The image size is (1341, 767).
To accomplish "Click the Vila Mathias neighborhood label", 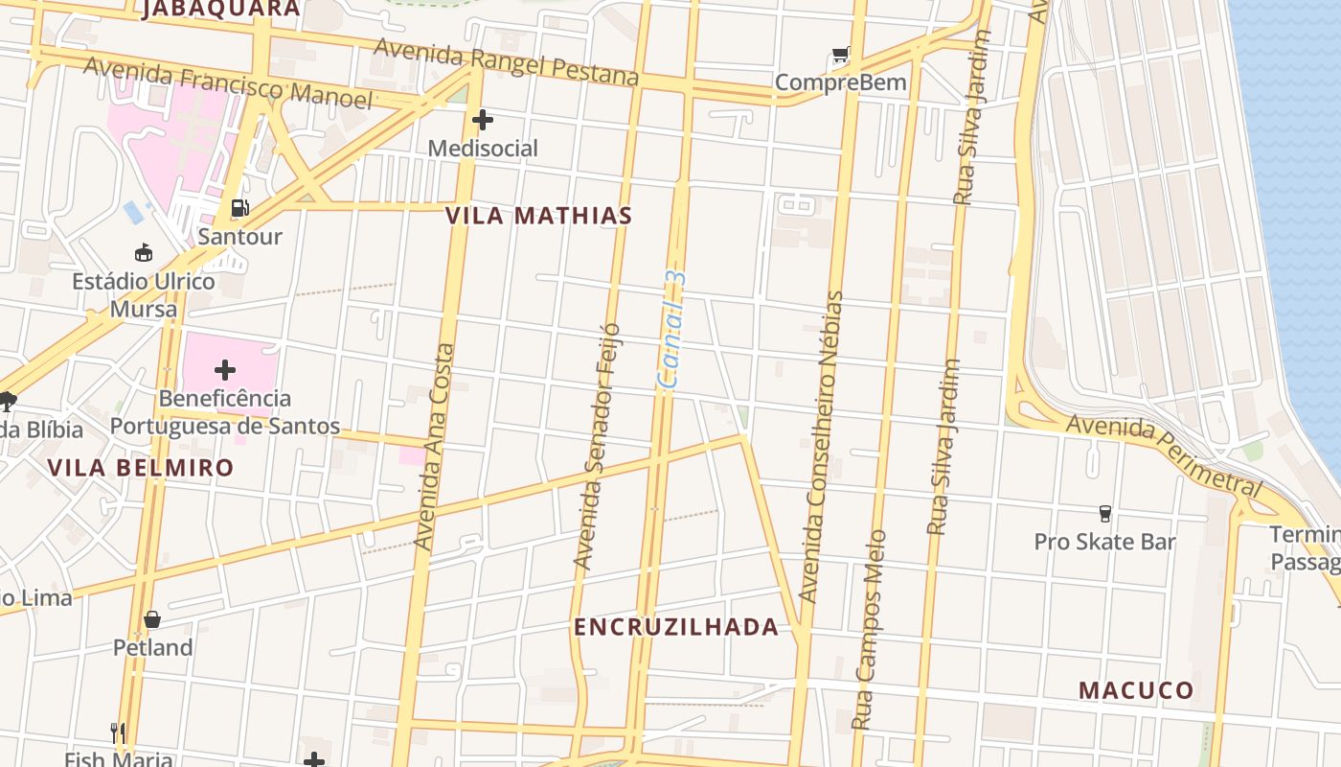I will [539, 216].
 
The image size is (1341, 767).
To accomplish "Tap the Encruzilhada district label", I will [676, 628].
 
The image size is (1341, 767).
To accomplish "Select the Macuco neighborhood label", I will [1136, 690].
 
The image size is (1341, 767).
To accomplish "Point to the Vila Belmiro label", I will [141, 468].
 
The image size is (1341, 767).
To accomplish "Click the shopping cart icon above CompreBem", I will [841, 56].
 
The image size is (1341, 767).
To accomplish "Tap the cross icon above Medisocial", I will [483, 120].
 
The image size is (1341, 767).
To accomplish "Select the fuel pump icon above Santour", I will [239, 207].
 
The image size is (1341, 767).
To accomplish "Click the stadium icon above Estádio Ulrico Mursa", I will [144, 252].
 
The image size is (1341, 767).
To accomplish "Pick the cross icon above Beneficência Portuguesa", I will [225, 369].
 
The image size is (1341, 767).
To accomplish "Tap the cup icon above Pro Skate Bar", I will [1104, 514].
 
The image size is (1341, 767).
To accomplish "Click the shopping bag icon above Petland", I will [152, 619].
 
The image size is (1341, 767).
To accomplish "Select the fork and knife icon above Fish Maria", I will [118, 733].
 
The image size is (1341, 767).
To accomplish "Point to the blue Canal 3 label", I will [674, 330].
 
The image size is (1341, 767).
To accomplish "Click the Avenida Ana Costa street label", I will [434, 446].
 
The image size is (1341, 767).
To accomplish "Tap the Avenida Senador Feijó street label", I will [597, 446].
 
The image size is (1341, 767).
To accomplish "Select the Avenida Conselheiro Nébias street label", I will [821, 446].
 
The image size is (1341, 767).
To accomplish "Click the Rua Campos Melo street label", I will [870, 629].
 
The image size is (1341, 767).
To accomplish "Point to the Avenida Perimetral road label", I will [1163, 453].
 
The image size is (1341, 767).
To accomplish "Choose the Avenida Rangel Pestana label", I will [506, 61].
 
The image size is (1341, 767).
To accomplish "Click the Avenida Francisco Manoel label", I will [227, 82].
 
